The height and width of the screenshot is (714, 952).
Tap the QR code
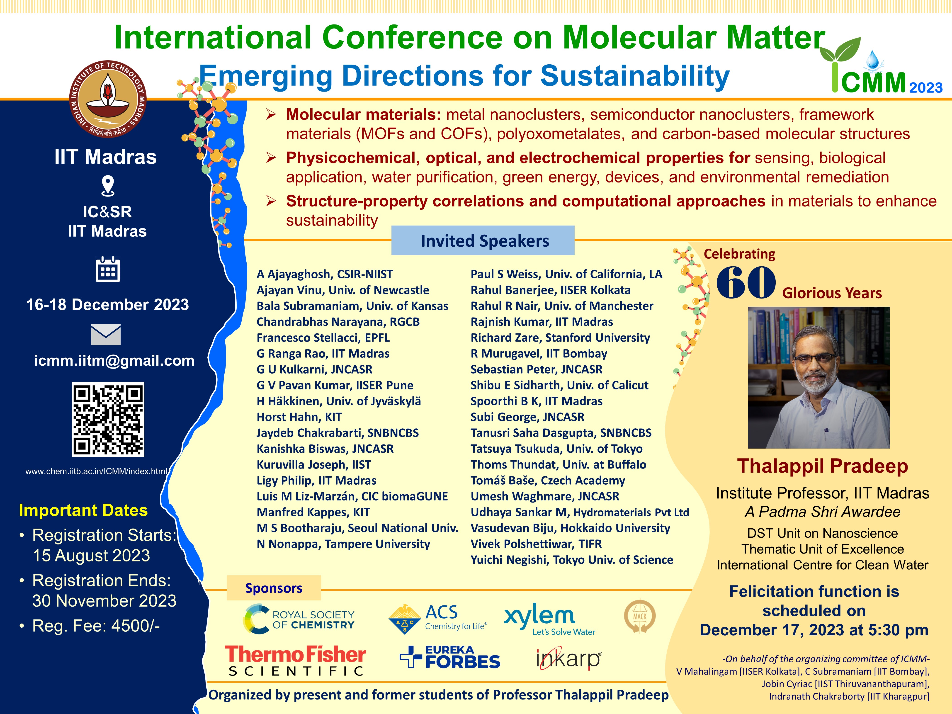[108, 419]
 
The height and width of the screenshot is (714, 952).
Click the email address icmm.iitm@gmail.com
[114, 361]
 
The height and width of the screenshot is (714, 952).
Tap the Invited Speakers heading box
[483, 240]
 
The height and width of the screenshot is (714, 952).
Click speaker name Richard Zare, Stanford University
[560, 338]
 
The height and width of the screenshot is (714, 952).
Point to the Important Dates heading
[83, 510]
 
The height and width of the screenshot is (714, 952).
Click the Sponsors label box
[274, 588]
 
